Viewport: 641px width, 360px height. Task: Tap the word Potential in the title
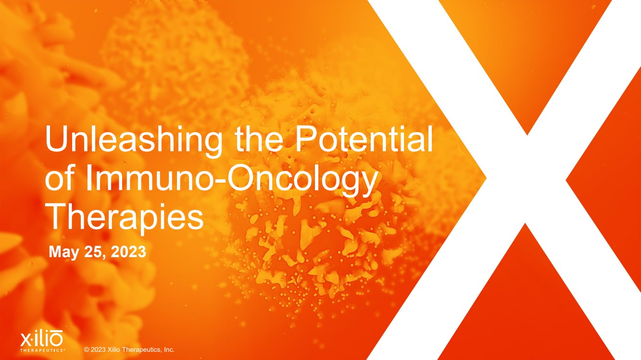point(364,139)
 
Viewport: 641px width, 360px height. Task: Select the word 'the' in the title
point(259,139)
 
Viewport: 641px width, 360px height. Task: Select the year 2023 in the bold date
point(128,252)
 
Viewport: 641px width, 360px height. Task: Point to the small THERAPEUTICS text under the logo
point(42,350)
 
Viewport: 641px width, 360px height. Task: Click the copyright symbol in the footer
point(87,350)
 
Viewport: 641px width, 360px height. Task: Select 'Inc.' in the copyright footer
point(168,349)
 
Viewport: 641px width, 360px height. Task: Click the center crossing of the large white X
point(526,180)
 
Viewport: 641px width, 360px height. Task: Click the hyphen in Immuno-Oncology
point(221,182)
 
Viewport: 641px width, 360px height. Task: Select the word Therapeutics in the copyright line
point(139,350)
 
